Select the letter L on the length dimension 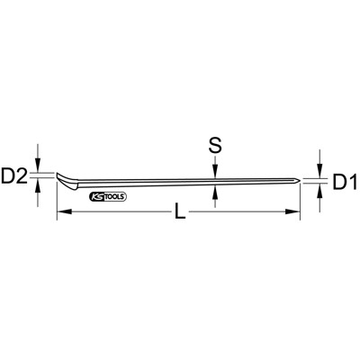point(179,213)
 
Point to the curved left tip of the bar point(60,176)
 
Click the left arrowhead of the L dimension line point(61,212)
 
